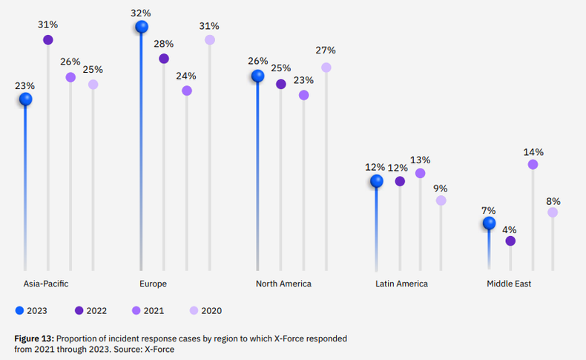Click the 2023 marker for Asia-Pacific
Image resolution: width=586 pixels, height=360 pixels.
coord(26,99)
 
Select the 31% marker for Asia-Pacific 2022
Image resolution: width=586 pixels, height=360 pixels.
coord(48,39)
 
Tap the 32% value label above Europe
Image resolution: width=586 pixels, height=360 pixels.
coord(142,13)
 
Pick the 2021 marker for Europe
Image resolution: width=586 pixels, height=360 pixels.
coord(187,91)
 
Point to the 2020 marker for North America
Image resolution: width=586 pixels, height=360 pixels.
coord(326,68)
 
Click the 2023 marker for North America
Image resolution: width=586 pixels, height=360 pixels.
coord(258,76)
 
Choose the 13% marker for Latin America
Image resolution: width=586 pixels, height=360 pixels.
coord(421,173)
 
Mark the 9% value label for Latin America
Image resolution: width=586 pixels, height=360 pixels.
coord(441,188)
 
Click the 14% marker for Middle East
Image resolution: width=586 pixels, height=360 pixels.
coord(533,165)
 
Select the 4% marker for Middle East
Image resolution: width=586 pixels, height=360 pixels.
coord(510,241)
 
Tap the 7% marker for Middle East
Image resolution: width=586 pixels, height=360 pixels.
coord(488,223)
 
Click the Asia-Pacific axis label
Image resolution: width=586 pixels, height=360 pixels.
coord(45,284)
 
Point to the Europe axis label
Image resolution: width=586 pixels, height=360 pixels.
coord(153,284)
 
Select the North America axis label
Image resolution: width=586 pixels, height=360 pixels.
coord(283,284)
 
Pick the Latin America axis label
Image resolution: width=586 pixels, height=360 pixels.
coord(401,284)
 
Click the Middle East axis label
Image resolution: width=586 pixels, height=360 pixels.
coord(509,284)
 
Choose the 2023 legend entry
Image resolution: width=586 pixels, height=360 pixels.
coord(31,310)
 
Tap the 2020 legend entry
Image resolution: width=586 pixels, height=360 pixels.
coord(205,310)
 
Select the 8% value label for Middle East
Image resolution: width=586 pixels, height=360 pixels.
coord(553,201)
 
